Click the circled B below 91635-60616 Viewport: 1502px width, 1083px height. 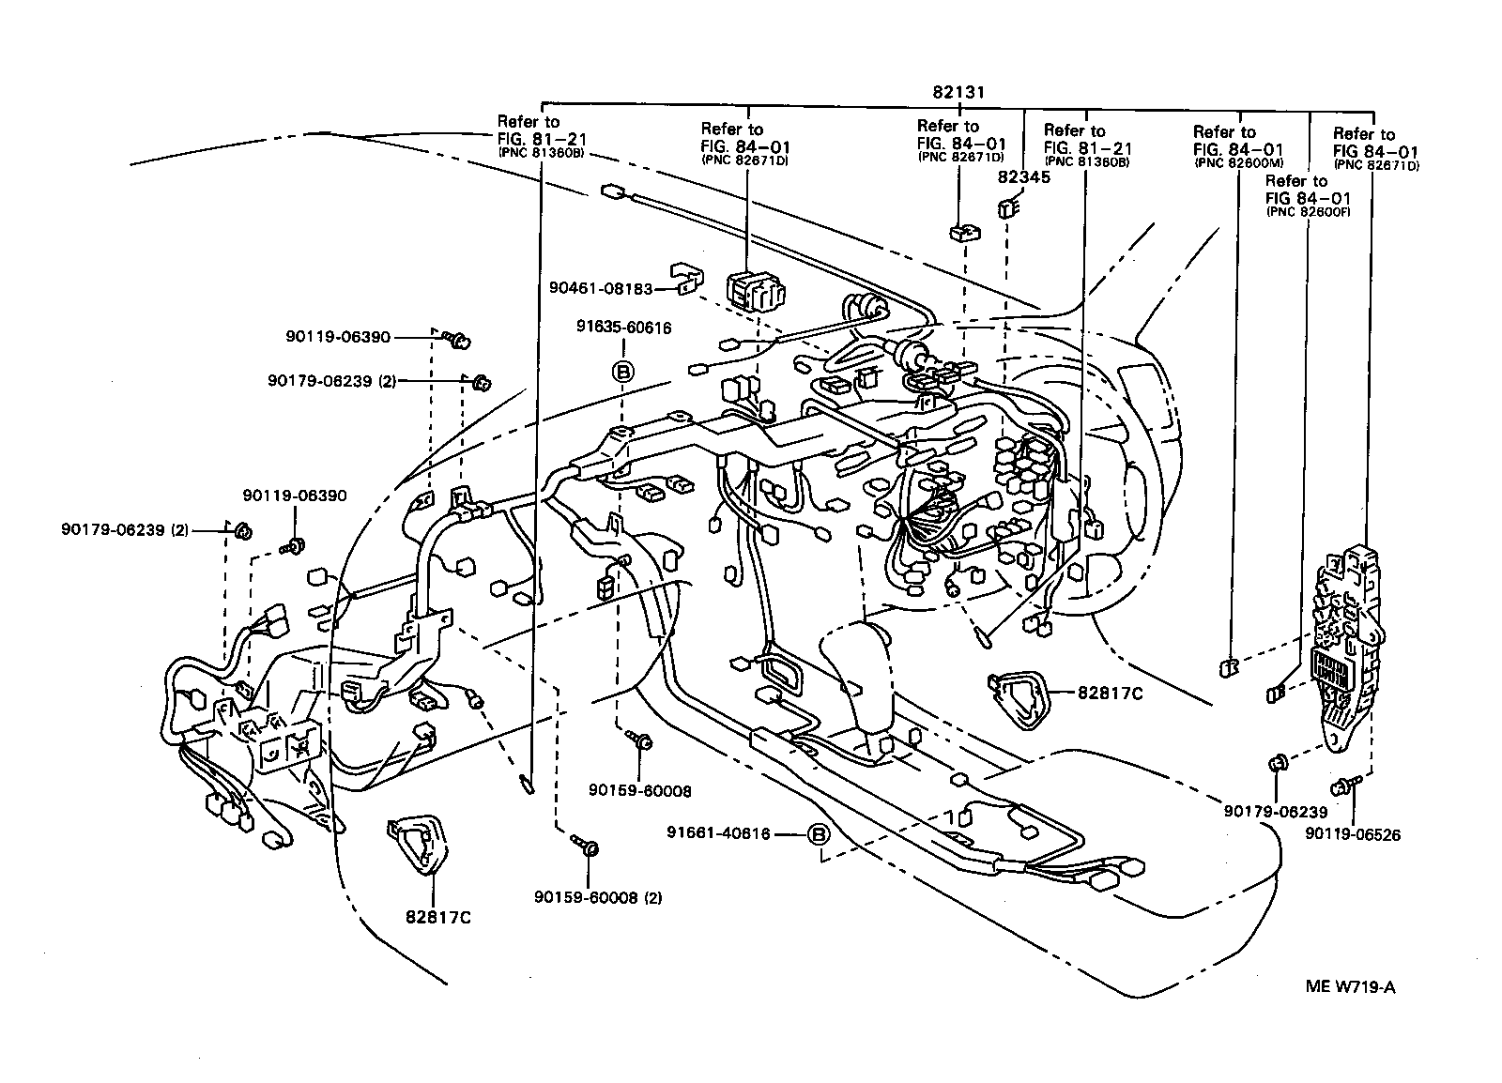pos(622,372)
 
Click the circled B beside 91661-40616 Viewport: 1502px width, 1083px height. pos(818,833)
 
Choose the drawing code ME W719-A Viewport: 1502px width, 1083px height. pos(1352,986)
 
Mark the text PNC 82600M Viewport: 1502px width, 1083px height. pos(1233,162)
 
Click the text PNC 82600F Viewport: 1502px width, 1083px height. pos(1308,211)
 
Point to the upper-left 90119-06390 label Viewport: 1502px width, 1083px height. pos(337,337)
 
